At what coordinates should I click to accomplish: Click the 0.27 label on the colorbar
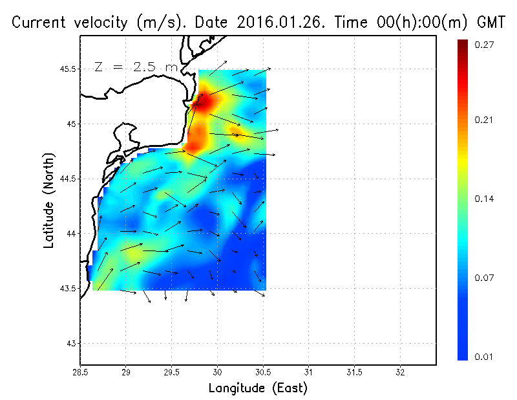(x=485, y=45)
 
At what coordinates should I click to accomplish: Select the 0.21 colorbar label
(x=485, y=120)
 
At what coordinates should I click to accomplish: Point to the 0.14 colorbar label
(x=485, y=199)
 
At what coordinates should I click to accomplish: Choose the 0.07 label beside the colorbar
(x=485, y=278)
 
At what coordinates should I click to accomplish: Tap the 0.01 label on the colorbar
(x=485, y=357)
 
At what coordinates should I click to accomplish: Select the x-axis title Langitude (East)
(x=258, y=388)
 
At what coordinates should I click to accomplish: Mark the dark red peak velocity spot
(x=199, y=103)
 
